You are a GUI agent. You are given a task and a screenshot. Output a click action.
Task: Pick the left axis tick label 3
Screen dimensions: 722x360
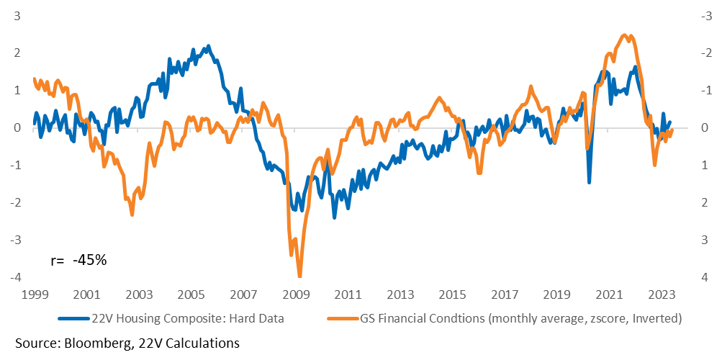tap(17, 16)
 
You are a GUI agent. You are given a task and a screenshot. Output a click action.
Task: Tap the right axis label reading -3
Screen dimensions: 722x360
tap(705, 16)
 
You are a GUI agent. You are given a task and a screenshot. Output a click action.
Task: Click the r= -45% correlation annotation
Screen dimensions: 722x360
tap(78, 260)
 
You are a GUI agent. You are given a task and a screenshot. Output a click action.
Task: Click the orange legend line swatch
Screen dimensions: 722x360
tap(343, 318)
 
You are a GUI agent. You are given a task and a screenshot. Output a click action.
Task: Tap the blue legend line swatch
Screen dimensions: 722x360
tap(73, 318)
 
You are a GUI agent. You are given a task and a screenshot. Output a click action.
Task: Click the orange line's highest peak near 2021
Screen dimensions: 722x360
tap(624, 35)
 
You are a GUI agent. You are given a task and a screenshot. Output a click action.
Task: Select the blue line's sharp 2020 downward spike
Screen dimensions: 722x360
tap(589, 182)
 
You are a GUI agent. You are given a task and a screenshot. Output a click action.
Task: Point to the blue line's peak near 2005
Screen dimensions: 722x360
tap(209, 46)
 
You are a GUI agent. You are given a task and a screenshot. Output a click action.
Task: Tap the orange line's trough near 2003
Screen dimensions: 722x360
tap(132, 214)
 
